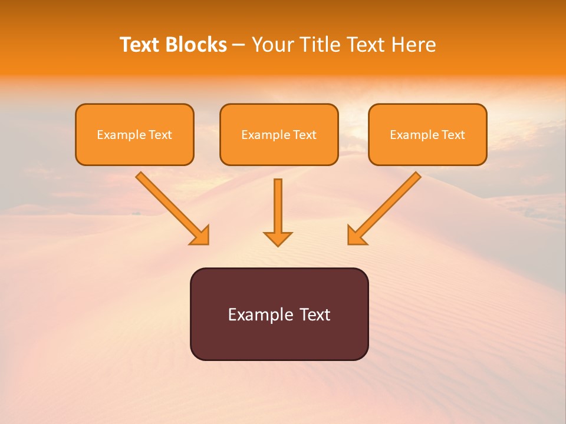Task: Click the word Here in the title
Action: point(413,45)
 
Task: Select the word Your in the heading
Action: point(273,45)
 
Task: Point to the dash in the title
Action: point(239,45)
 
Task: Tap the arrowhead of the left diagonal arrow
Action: point(201,236)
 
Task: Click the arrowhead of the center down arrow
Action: point(278,238)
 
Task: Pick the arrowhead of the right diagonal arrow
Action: point(356,236)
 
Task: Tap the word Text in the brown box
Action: point(314,314)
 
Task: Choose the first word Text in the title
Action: point(141,45)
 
